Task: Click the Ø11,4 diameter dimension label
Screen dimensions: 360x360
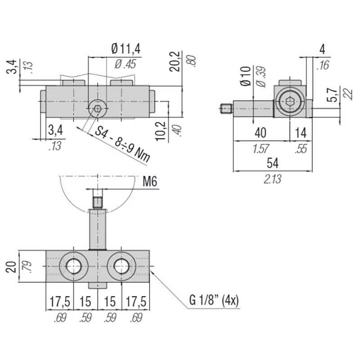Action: click(x=126, y=49)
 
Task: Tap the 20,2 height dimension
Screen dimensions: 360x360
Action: click(x=175, y=62)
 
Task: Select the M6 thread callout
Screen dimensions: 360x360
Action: click(x=150, y=182)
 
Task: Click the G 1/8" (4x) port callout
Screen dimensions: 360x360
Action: click(x=214, y=300)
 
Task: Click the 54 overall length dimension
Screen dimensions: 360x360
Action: click(x=273, y=163)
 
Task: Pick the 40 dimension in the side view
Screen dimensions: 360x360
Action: click(x=260, y=133)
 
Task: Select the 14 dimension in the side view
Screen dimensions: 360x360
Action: click(x=301, y=133)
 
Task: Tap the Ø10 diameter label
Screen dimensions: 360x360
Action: click(x=246, y=76)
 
